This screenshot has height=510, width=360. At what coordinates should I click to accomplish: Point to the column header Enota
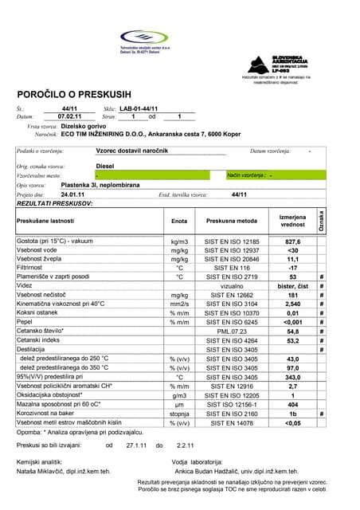coord(178,220)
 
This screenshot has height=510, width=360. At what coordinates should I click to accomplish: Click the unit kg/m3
coord(178,241)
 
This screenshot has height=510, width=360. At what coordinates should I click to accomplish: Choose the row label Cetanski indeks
coord(41,340)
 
